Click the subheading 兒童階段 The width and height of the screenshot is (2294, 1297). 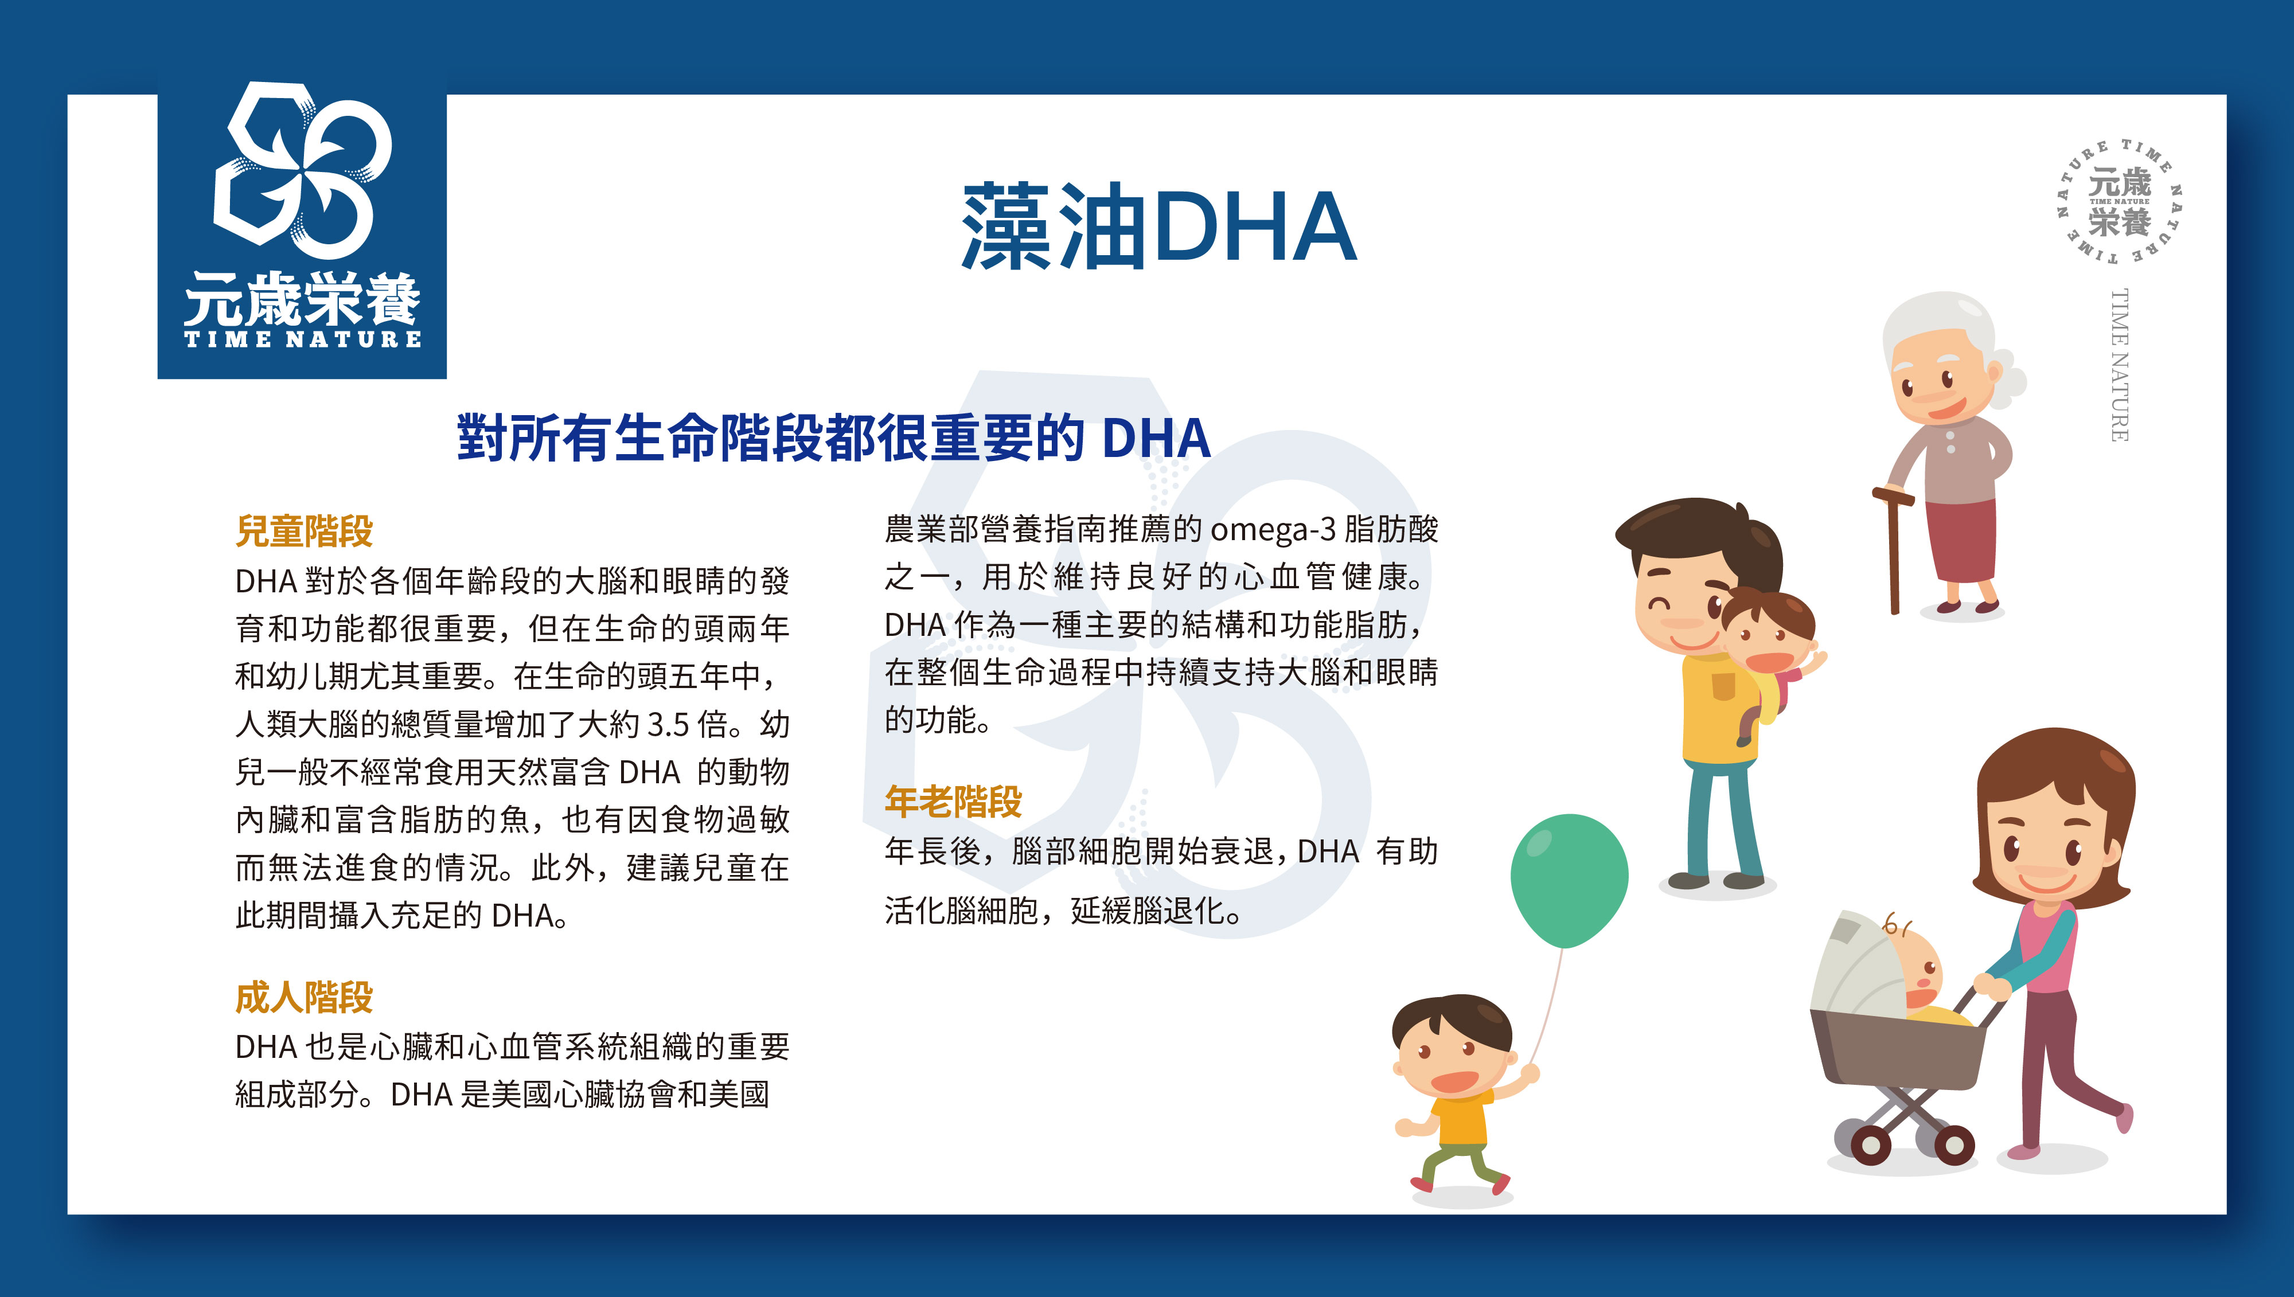coord(304,531)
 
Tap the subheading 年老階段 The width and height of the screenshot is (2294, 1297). coord(953,802)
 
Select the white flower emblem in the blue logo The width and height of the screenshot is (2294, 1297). coord(303,165)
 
